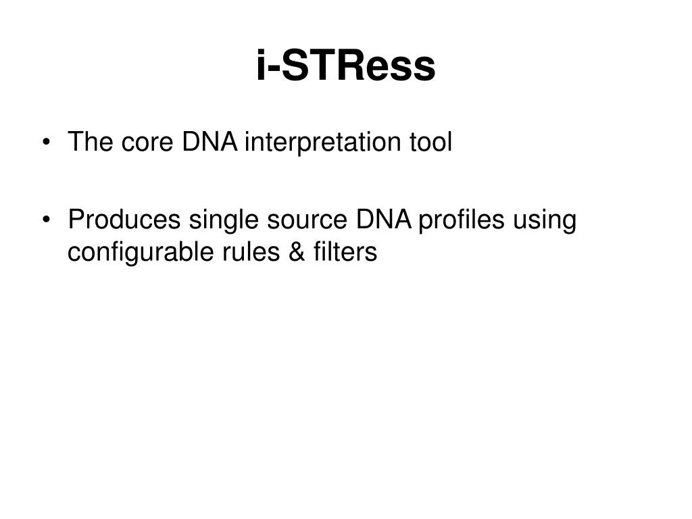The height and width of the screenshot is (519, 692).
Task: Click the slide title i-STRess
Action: click(346, 66)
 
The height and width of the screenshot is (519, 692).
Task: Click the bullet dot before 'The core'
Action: click(47, 143)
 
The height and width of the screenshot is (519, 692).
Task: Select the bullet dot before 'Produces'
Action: click(47, 220)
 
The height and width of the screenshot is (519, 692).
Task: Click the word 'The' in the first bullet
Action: click(90, 142)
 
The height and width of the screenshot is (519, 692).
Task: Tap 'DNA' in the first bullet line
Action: click(209, 142)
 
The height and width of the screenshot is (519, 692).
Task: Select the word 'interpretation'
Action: click(322, 143)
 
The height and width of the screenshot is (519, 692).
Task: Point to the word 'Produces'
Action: click(124, 220)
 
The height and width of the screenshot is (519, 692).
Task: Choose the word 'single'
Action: click(224, 220)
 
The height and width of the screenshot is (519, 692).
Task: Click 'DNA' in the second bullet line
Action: click(384, 220)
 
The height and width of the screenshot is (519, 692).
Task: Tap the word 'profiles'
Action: click(461, 220)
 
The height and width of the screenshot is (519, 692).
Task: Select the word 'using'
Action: click(545, 220)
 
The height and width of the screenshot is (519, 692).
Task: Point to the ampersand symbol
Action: click(297, 252)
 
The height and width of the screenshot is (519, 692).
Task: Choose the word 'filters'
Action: click(345, 252)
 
